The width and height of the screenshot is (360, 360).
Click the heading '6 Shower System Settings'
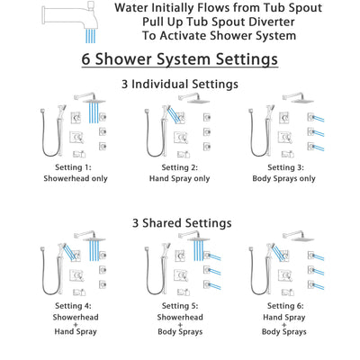coord(180,60)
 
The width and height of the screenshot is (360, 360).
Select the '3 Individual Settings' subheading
coord(180,84)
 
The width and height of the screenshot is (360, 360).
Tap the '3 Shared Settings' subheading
coord(180,222)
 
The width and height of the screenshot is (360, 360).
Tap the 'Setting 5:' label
coord(180,306)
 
